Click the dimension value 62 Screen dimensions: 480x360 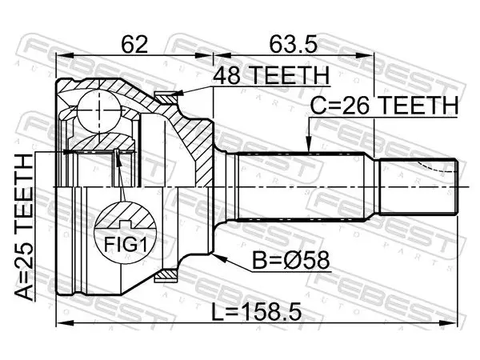click(134, 44)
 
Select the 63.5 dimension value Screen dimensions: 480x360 click(293, 44)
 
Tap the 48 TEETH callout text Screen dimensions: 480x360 click(271, 76)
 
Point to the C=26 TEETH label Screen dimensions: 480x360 click(384, 106)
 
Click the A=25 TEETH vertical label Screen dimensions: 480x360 click(24, 227)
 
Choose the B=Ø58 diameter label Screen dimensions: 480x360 click(291, 260)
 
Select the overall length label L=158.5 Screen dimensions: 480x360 click(257, 312)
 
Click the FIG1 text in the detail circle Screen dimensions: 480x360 click(126, 245)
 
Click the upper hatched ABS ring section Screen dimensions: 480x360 click(166, 98)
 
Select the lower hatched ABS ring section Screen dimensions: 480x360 click(166, 275)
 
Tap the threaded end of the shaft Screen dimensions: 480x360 click(418, 186)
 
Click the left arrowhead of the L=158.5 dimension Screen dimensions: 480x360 click(65, 322)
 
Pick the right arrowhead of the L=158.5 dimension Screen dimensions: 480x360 click(450, 322)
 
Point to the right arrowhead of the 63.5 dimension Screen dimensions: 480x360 click(365, 56)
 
